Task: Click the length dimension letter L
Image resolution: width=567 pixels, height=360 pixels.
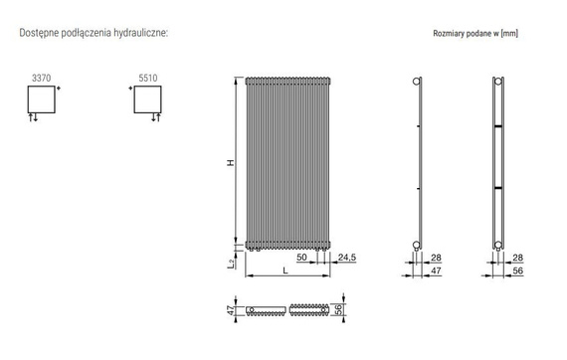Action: point(284,270)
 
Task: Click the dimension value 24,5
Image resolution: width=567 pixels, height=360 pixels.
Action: point(347,258)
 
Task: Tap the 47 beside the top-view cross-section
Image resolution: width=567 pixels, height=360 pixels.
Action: point(232,310)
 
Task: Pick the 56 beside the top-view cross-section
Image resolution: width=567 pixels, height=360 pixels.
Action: point(339,310)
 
